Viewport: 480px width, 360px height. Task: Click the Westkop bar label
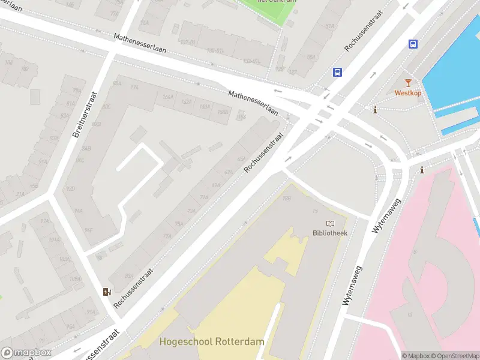coord(408,93)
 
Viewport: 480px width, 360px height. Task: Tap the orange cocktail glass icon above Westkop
coord(408,83)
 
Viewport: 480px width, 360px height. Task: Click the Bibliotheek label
coord(329,233)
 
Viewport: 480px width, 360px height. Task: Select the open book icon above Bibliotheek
coord(329,224)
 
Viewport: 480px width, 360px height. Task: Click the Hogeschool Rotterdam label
coord(211,341)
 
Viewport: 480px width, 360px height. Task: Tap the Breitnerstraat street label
coord(85,115)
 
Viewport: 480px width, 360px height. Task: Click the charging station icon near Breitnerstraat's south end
coord(107,292)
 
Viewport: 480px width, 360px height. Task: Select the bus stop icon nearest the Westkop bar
coord(413,44)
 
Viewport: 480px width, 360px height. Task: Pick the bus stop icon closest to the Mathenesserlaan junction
coord(338,72)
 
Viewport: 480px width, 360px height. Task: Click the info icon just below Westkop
coord(374,110)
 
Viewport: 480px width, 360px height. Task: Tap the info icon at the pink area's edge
coord(422,170)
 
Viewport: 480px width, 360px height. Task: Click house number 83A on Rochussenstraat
coord(129,276)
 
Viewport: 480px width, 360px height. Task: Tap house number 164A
coord(167,97)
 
